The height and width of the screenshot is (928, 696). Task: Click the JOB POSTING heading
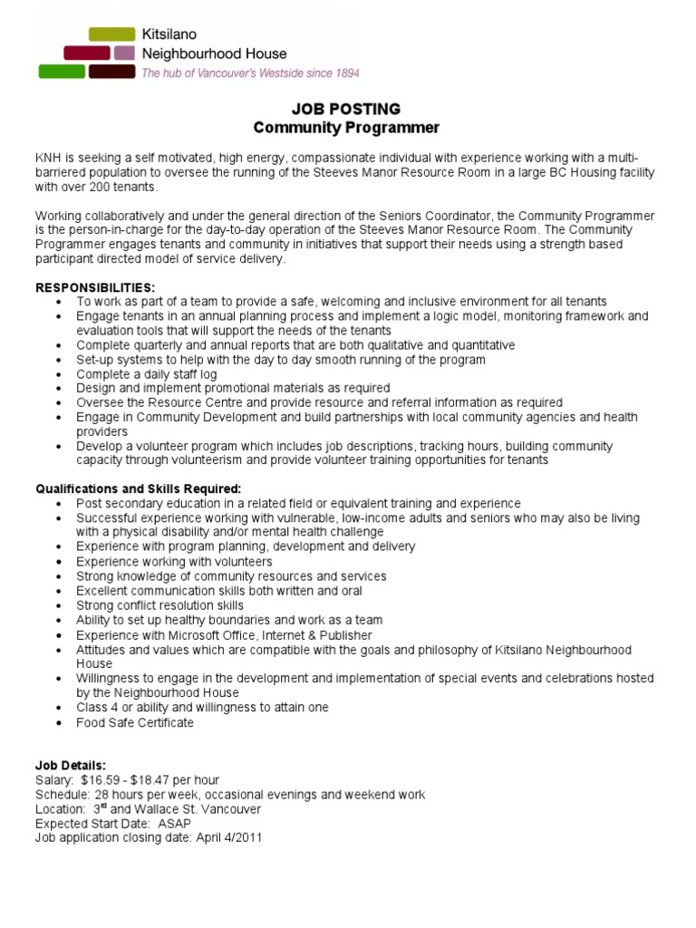pyautogui.click(x=346, y=110)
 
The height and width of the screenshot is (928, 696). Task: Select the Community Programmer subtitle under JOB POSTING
pyautogui.click(x=346, y=127)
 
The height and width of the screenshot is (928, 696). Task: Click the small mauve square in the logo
pyautogui.click(x=124, y=53)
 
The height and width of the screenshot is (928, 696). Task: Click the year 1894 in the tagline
pyautogui.click(x=342, y=72)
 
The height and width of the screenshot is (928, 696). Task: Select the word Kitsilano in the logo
pyautogui.click(x=169, y=34)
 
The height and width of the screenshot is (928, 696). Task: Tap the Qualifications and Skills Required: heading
pyautogui.click(x=138, y=488)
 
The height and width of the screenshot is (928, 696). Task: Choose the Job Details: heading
pyautogui.click(x=70, y=766)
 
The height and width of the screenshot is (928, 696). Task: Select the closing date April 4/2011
pyautogui.click(x=227, y=838)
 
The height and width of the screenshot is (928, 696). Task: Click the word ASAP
pyautogui.click(x=174, y=824)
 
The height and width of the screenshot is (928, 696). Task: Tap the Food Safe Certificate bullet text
pyautogui.click(x=135, y=722)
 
